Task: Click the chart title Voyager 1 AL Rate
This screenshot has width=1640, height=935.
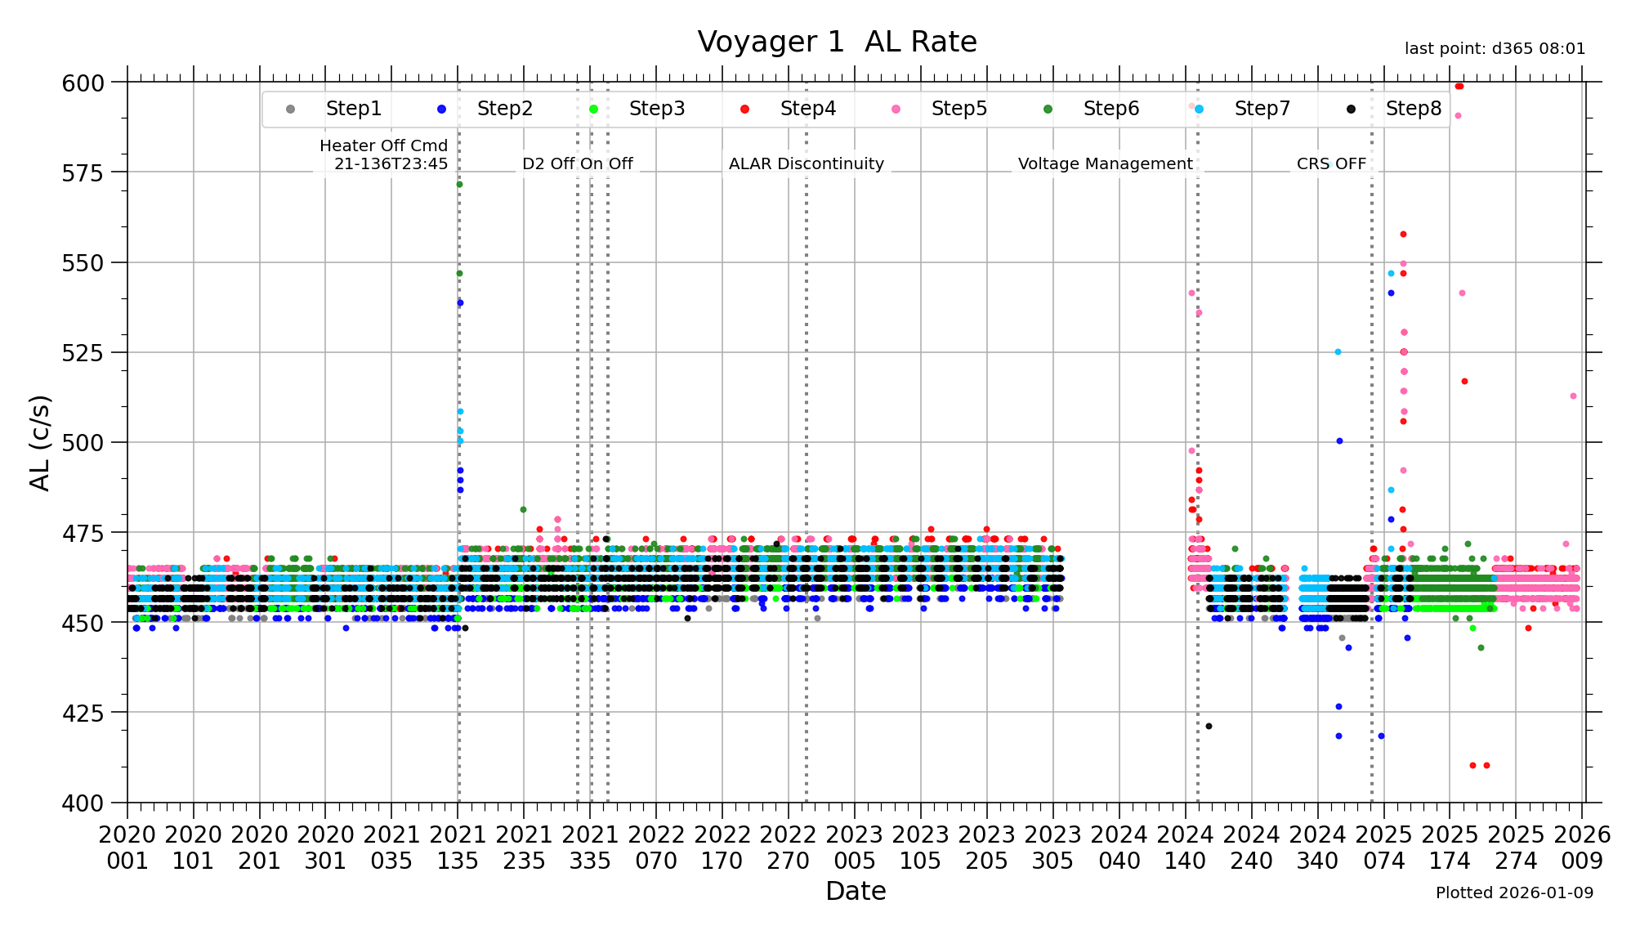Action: (x=837, y=42)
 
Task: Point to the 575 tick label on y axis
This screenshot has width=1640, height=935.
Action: (x=83, y=172)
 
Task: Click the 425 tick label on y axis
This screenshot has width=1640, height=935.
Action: (x=83, y=714)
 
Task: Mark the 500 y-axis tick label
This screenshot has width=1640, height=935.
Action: (x=83, y=443)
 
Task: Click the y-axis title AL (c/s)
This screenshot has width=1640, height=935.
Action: (x=40, y=443)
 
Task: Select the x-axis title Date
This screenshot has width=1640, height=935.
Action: (x=856, y=891)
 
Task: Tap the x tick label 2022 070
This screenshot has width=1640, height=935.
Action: (x=656, y=848)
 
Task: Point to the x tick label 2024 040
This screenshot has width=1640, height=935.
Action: (x=1119, y=848)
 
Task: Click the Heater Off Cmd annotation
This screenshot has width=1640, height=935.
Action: (x=384, y=154)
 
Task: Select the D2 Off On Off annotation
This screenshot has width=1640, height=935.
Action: (x=578, y=163)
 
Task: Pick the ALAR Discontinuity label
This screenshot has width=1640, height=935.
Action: (x=807, y=163)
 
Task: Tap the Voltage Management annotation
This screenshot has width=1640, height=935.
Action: (x=1105, y=163)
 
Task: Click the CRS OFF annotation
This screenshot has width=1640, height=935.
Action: (x=1331, y=163)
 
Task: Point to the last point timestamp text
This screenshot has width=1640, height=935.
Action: (x=1495, y=49)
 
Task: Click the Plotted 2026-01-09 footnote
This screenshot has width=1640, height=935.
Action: (x=1514, y=892)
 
